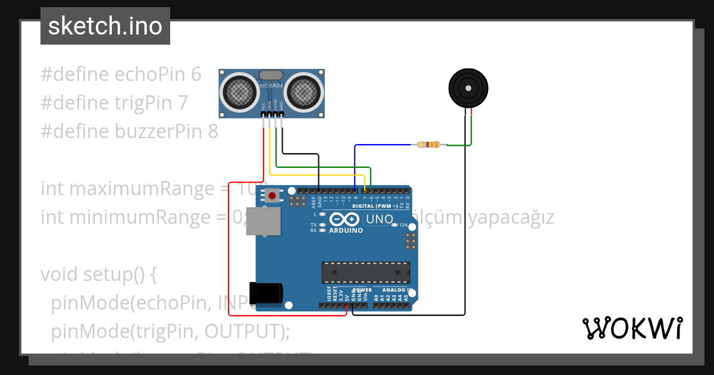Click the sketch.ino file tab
105,26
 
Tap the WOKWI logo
632,328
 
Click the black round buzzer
468,88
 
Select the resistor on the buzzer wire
428,145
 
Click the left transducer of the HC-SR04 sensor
240,92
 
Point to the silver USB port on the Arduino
264,221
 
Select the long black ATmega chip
365,272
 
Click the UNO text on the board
379,219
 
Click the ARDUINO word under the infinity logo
346,230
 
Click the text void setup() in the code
99,274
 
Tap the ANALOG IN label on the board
393,290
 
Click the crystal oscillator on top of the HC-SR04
271,74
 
